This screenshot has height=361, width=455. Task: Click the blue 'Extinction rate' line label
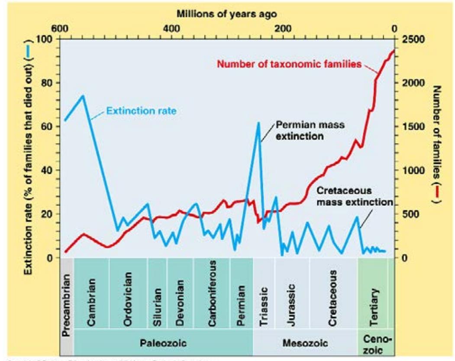(x=141, y=111)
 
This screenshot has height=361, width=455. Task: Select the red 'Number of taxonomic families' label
(x=289, y=65)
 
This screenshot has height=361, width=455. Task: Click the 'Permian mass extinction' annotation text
(x=305, y=130)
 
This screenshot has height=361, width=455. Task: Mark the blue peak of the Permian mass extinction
(x=258, y=123)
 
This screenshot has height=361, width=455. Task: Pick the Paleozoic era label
(x=163, y=344)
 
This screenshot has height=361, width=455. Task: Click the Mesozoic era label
(x=304, y=344)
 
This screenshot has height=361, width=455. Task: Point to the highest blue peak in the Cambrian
(x=82, y=95)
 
